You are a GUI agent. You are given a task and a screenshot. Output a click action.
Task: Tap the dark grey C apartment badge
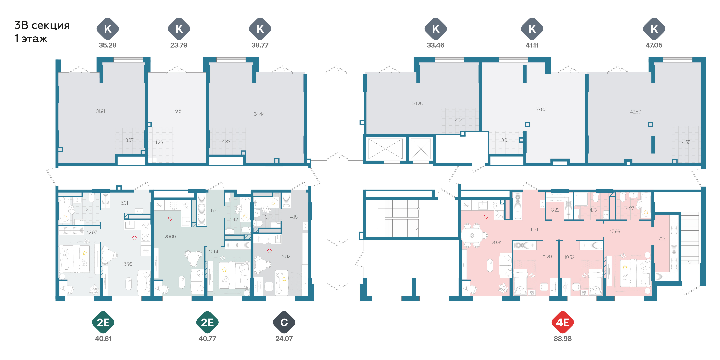point(284,322)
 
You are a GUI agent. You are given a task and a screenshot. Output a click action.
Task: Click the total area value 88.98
point(563,339)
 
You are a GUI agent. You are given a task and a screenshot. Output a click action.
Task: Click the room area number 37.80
point(541,109)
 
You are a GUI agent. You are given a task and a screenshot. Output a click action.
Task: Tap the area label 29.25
point(417,104)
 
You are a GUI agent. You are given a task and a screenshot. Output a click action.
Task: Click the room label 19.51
point(178,111)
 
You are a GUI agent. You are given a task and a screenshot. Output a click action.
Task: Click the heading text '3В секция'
point(42,25)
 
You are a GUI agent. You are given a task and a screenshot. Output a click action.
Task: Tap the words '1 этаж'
point(31,39)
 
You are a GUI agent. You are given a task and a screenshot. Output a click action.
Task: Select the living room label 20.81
point(496,242)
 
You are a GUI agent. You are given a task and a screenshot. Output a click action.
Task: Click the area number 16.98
point(127,264)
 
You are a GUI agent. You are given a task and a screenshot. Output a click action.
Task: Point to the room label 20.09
point(170,237)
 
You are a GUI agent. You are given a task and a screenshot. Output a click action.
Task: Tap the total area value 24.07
point(284,339)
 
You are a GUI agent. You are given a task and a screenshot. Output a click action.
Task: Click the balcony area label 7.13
point(662,238)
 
